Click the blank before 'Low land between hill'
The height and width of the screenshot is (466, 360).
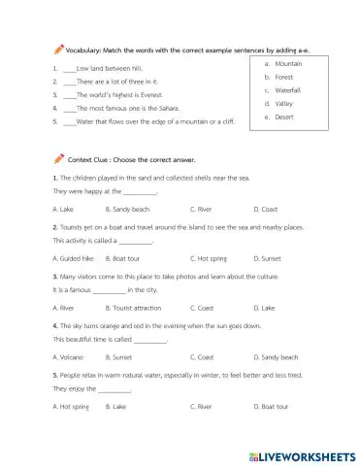coord(68,71)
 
